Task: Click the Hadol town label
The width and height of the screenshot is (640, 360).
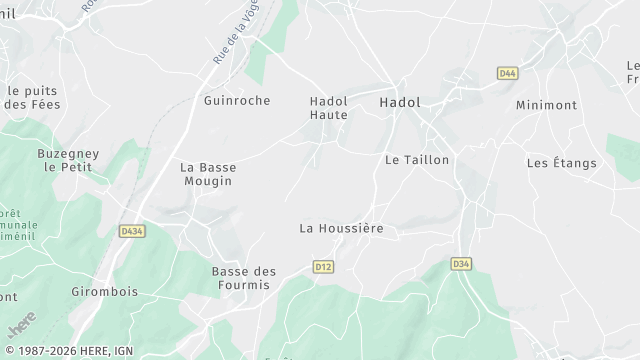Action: (x=400, y=102)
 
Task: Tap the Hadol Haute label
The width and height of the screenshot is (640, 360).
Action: (x=328, y=108)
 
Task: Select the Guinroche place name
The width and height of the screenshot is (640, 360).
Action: (x=236, y=101)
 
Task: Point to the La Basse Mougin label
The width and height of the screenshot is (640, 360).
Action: (x=208, y=174)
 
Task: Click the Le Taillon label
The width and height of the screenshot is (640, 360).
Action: (x=417, y=160)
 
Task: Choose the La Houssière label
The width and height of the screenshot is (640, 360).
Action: (x=341, y=228)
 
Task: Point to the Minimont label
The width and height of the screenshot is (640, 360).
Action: (x=547, y=105)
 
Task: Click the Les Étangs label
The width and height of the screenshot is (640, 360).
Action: (x=561, y=163)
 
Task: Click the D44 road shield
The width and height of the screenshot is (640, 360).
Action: (x=507, y=73)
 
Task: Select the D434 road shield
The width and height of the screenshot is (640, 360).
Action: (x=131, y=231)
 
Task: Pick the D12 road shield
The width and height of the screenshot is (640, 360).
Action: (x=322, y=266)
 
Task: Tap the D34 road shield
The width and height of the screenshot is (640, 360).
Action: (x=461, y=264)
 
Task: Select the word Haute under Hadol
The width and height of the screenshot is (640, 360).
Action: (x=328, y=115)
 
